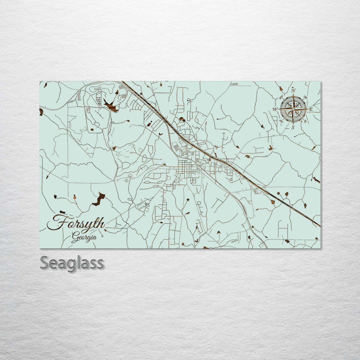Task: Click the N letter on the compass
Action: coord(293,90)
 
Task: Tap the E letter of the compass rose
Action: coord(311,109)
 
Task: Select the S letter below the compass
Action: coord(293,127)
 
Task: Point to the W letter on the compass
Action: coord(275,109)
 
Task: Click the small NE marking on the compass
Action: coord(306,97)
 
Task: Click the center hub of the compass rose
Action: coord(293,109)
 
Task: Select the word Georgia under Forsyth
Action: coord(84,238)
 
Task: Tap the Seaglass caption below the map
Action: coord(72,263)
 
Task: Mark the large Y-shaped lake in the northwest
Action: coord(111,106)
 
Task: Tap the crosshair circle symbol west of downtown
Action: coord(126,180)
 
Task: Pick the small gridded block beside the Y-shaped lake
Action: coord(99,99)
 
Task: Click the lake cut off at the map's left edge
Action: coord(41,112)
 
